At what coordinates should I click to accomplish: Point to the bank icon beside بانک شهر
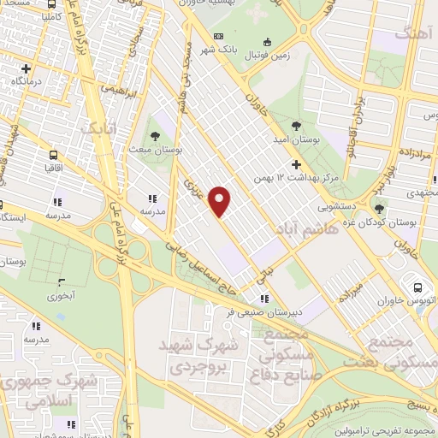(219, 36)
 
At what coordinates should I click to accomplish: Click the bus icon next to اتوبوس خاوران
(418, 287)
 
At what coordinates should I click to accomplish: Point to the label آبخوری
(61, 297)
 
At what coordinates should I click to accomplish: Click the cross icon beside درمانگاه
(27, 68)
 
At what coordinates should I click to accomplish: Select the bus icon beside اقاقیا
(55, 156)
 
